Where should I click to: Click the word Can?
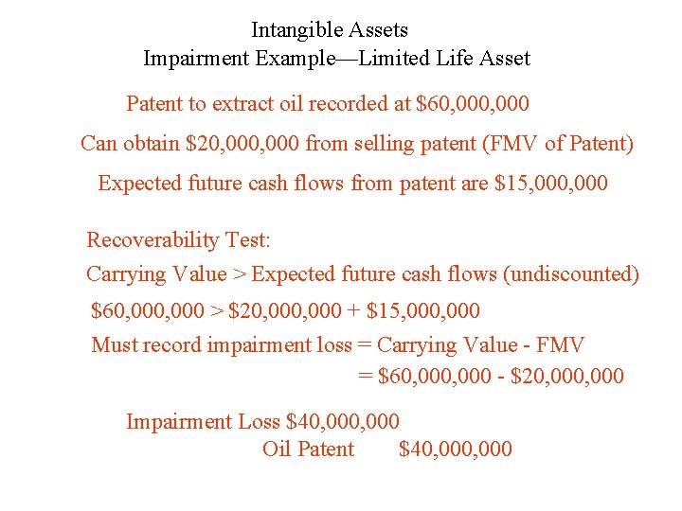coord(99,144)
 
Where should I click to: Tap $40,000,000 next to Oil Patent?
coord(456,449)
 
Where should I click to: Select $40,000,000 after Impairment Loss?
coord(343,421)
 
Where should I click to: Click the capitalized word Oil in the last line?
coord(277,449)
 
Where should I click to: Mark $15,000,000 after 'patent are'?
coord(552,183)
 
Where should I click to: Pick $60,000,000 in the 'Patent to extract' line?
coord(473,103)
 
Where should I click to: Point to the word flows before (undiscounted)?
coord(468,274)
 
